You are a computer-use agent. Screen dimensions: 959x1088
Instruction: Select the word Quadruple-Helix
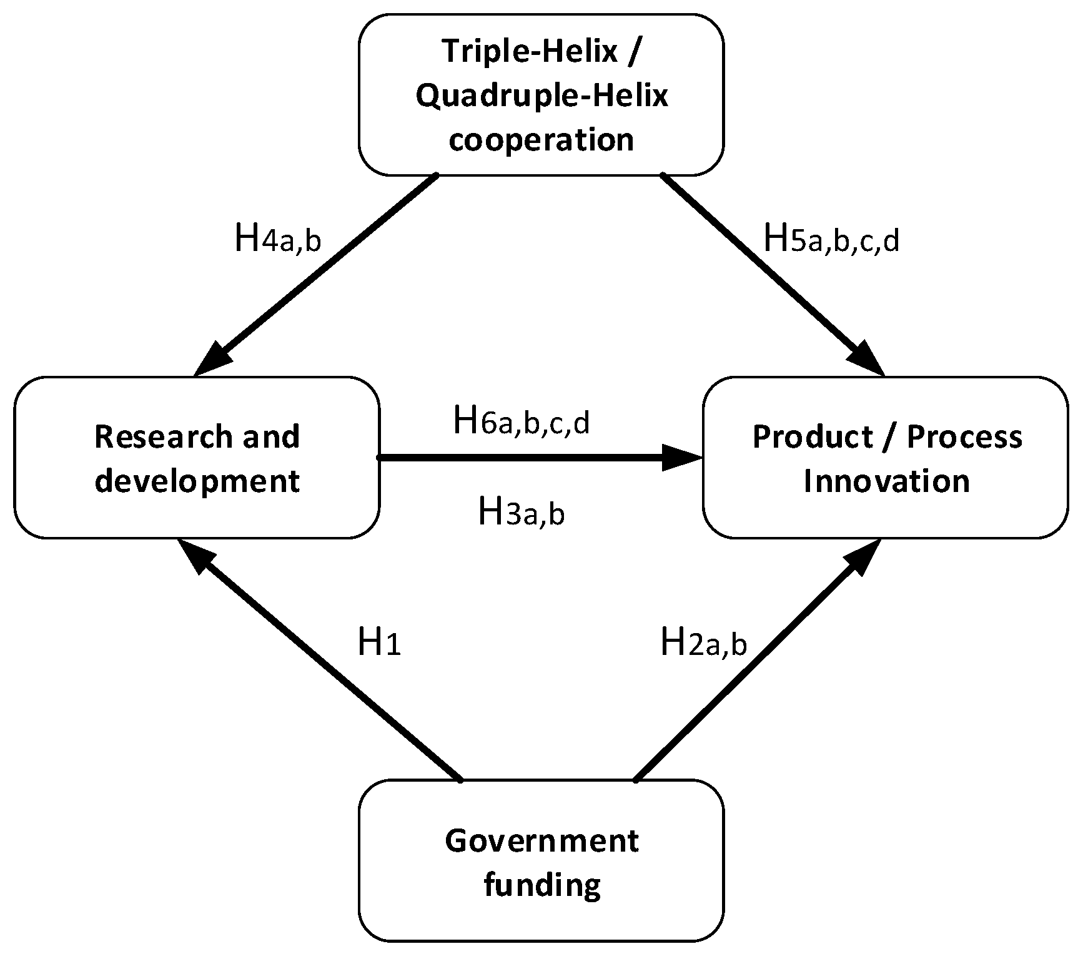coord(542,96)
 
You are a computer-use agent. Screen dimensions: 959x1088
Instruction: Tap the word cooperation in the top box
coord(542,140)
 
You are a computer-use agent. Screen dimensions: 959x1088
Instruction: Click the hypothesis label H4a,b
coord(277,239)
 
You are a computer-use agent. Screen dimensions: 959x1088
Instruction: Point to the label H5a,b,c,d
coord(831,239)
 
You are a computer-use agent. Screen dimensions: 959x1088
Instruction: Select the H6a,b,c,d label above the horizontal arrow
coord(521,421)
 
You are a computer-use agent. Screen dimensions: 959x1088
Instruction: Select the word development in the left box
coord(197,481)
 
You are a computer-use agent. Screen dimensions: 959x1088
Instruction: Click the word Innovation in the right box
coord(886,481)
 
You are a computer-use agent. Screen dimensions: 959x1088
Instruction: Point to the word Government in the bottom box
coord(542,840)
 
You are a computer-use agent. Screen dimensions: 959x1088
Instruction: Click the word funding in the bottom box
coord(542,885)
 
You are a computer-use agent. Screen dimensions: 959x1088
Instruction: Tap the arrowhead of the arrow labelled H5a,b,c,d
coord(868,361)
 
